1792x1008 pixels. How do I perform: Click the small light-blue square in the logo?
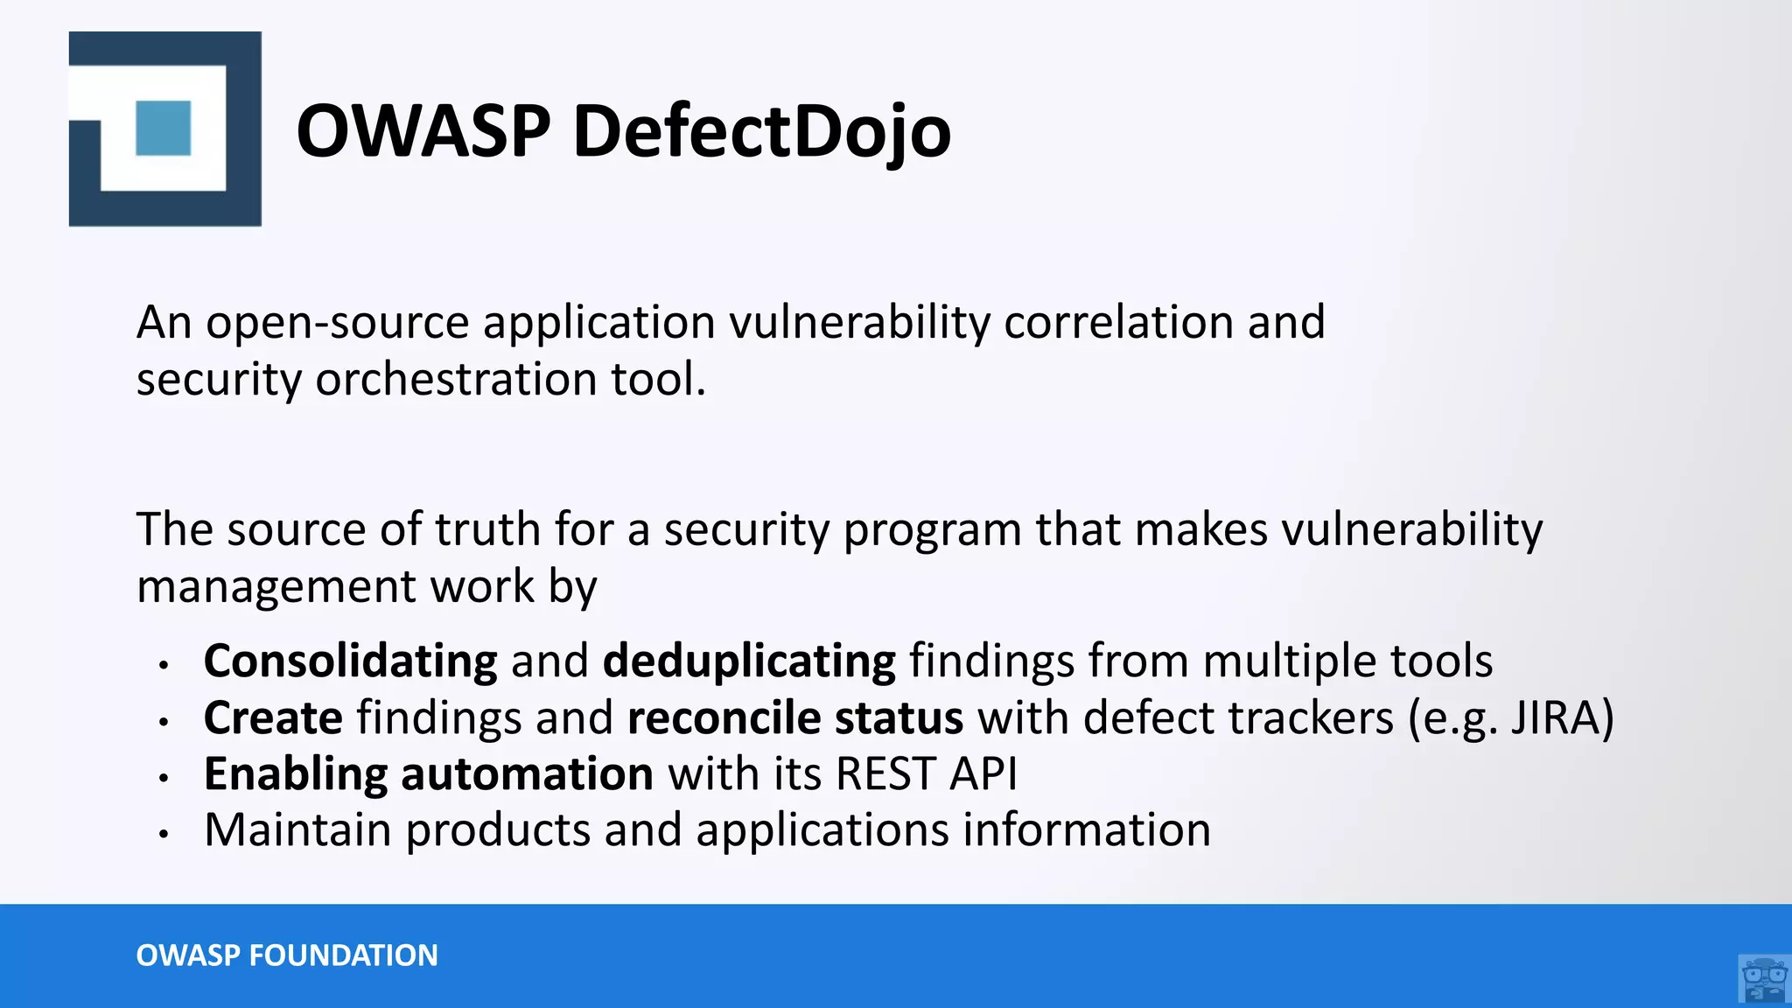coord(164,128)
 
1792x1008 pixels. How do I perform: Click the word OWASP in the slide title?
coord(423,131)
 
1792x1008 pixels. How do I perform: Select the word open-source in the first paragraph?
coord(338,324)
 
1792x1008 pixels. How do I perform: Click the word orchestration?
coord(455,379)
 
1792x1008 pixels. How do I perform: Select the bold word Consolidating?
coord(350,661)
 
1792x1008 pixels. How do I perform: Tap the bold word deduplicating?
coord(749,661)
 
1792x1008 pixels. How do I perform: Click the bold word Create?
coord(273,718)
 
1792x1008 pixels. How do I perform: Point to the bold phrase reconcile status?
coord(795,718)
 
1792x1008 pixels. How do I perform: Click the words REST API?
coord(927,774)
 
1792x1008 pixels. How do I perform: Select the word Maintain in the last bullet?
coord(297,829)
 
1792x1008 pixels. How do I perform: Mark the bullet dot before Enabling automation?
coord(164,777)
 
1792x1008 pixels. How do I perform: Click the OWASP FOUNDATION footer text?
coord(287,955)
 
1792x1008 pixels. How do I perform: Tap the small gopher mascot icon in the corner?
coord(1764,979)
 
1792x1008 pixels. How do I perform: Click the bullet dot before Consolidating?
coord(164,665)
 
